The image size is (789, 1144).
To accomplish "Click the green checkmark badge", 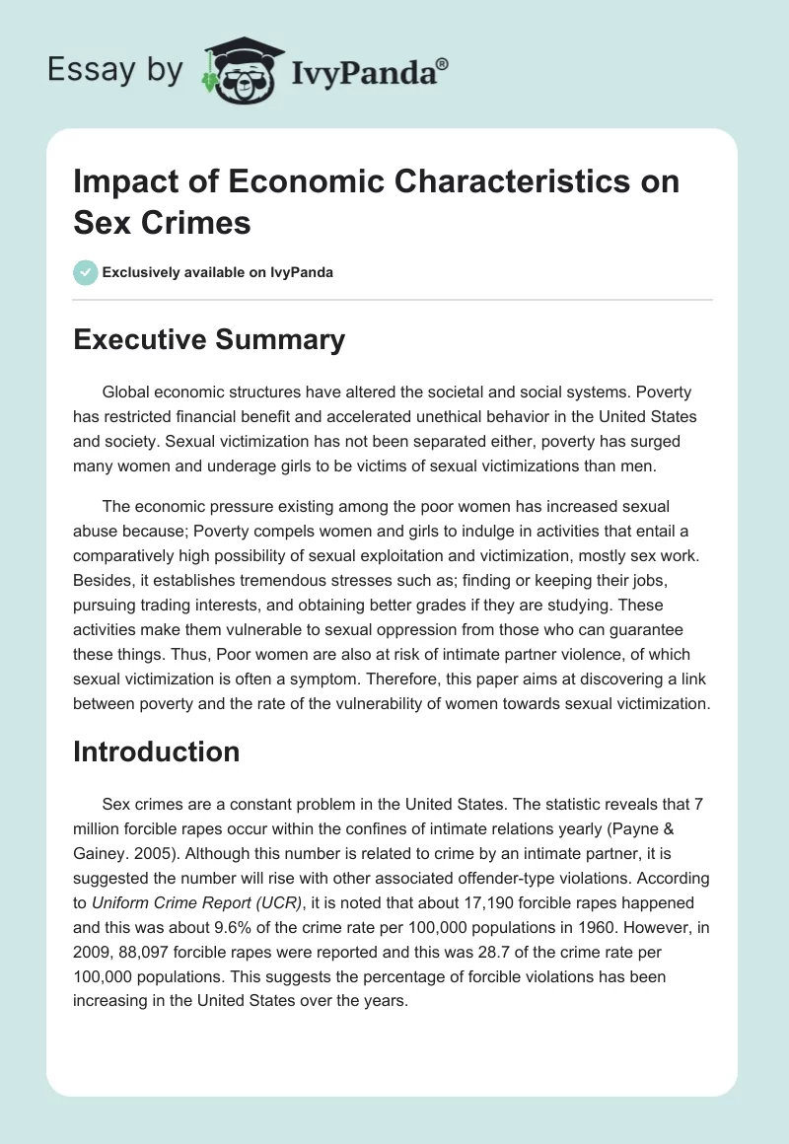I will (85, 272).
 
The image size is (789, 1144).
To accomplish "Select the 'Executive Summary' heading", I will (209, 340).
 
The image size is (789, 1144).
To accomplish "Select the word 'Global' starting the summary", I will (129, 393).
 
